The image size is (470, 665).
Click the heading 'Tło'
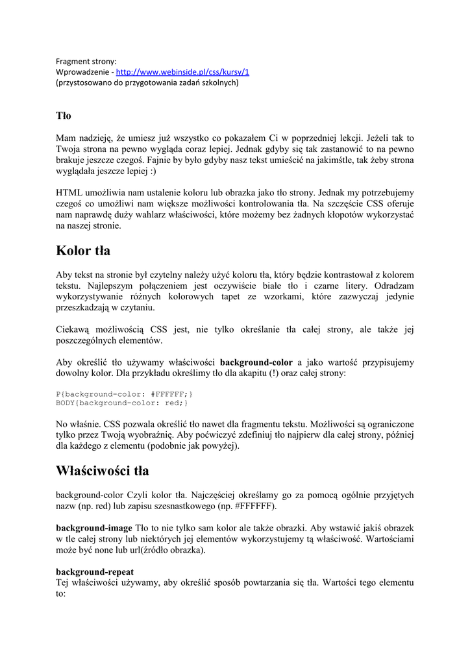coord(63,116)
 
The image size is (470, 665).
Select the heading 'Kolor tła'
coord(83,251)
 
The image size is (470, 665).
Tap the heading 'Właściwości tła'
coord(103,470)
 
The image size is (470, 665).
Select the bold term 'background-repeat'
coord(95,571)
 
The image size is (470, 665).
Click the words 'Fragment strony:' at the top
coord(86,62)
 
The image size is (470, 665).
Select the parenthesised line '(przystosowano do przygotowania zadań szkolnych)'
coord(147,83)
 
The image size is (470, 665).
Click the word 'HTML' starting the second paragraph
coord(69,193)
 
